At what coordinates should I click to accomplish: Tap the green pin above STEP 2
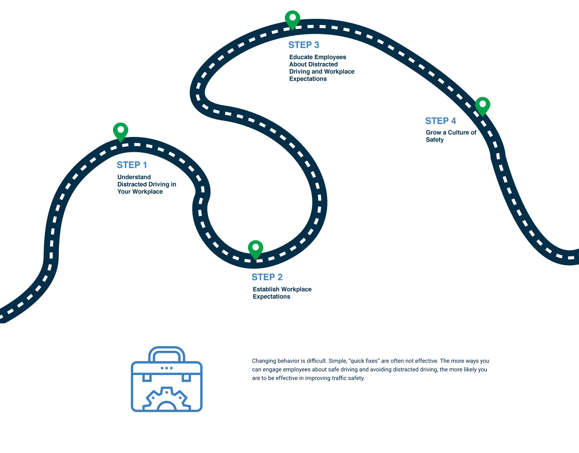click(255, 249)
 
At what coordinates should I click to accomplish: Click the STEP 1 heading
click(132, 165)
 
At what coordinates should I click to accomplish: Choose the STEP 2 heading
click(267, 277)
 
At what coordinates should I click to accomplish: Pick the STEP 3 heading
click(304, 45)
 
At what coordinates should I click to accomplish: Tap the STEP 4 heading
click(441, 121)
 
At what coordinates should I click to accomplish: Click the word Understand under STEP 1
click(134, 177)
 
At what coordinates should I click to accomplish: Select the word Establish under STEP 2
click(266, 289)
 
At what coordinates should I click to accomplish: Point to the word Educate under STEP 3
click(301, 57)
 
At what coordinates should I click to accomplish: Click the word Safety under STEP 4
click(434, 140)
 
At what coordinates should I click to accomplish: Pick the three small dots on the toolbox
click(167, 368)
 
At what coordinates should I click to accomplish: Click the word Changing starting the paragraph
click(263, 361)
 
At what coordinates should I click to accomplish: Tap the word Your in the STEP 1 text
click(124, 192)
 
